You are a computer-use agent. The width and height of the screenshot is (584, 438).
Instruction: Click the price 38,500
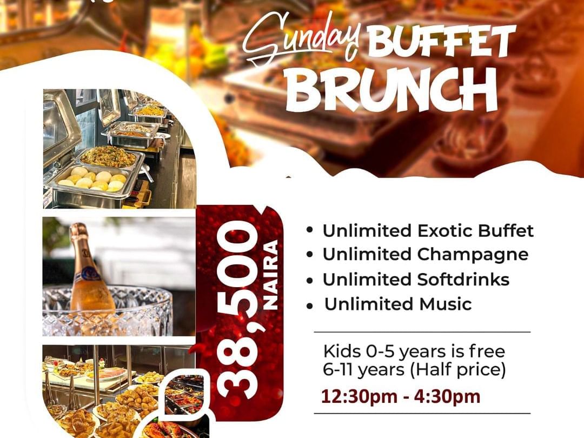[x=237, y=309]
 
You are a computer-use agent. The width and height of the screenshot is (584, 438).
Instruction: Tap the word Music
[x=446, y=304]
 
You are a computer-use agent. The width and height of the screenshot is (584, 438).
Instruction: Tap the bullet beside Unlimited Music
[x=309, y=306]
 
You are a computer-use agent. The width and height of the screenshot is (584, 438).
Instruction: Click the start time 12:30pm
[x=359, y=396]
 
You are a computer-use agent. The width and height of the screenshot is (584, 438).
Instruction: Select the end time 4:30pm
[x=447, y=396]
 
